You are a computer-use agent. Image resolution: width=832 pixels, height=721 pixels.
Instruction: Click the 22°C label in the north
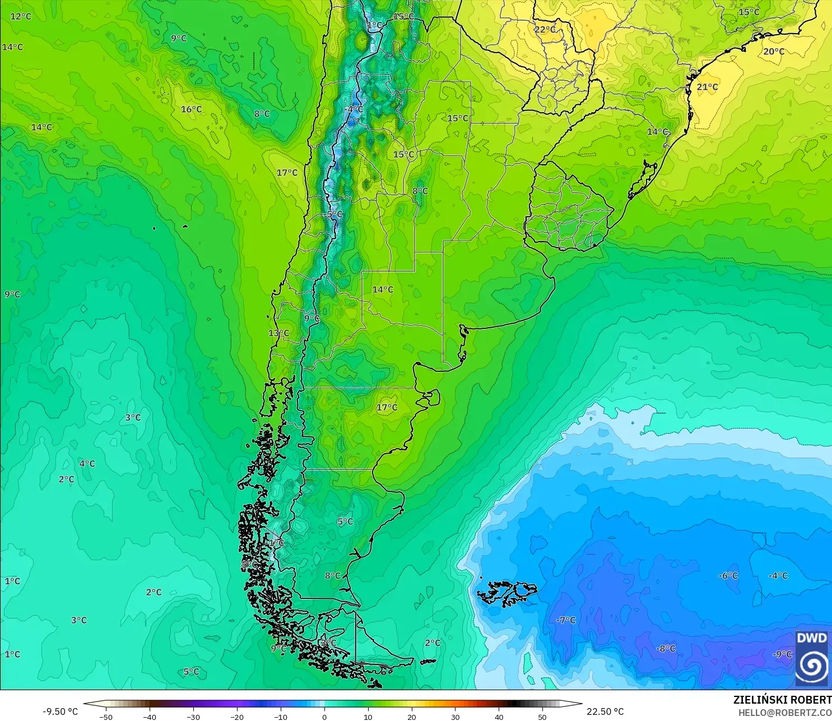coord(545,30)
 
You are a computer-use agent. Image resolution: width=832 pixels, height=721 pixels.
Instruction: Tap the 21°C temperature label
coord(707,87)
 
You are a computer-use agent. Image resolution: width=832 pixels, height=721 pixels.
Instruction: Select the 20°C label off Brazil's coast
coord(774,52)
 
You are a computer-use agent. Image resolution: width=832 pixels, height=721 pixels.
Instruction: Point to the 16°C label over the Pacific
coord(191,109)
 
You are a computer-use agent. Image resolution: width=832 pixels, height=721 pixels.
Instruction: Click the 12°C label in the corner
coord(21,16)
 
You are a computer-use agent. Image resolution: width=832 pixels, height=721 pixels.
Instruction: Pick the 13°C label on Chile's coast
coord(278,333)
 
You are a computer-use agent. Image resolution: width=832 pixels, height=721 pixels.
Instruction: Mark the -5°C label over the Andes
coord(334,215)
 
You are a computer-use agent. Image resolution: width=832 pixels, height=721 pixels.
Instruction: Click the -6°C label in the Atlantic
coord(728,576)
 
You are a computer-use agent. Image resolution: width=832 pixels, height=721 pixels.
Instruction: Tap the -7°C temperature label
coord(566,620)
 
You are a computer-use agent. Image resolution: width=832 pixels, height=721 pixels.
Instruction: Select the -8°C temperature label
coord(666,649)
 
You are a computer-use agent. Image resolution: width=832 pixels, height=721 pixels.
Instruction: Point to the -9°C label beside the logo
coord(782,654)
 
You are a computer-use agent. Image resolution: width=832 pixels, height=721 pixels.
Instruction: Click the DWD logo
coord(812,658)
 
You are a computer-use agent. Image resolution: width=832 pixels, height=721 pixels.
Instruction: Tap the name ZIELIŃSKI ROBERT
coord(782,700)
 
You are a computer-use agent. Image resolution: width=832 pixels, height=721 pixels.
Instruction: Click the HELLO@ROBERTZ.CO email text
coord(784,713)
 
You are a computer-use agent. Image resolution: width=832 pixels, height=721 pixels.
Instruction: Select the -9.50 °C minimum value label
coord(60,711)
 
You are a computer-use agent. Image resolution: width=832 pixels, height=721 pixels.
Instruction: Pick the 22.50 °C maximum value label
coord(605,711)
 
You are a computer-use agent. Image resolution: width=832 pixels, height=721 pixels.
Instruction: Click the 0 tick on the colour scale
coord(324,717)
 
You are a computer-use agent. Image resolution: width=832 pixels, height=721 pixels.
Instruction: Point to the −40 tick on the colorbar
coord(149,717)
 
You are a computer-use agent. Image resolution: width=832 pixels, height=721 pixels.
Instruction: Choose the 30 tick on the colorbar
coord(455,717)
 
